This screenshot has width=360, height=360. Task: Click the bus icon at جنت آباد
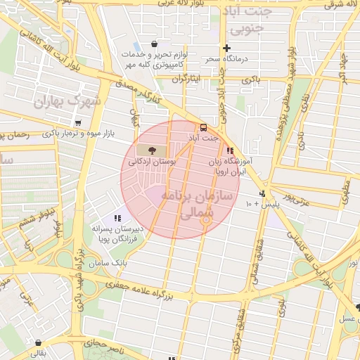point(204,127)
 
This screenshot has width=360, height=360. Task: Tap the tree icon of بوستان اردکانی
point(153,150)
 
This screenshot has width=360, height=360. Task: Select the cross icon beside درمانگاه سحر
point(226,49)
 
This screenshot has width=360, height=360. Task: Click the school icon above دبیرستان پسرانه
point(117,218)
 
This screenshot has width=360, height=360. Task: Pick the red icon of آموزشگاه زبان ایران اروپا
point(230,150)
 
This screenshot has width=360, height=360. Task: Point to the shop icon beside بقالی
point(37,342)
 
